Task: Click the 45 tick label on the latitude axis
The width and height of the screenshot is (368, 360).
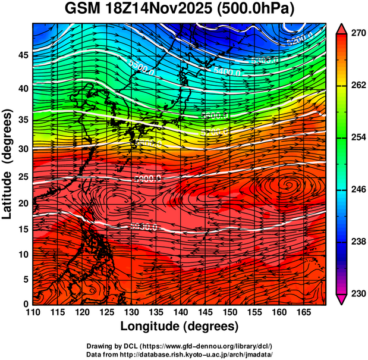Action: click(x=24, y=55)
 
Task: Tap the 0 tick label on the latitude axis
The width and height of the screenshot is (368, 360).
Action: click(x=27, y=304)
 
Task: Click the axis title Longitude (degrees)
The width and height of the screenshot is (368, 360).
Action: click(x=180, y=326)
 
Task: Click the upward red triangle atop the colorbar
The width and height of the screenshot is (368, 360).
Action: click(x=342, y=29)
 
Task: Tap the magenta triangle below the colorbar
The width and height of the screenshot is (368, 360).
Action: click(x=342, y=299)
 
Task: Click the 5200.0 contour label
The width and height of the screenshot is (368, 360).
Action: click(x=299, y=42)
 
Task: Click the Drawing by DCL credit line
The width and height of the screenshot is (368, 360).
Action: click(x=180, y=346)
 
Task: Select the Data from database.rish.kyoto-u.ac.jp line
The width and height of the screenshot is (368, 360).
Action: click(x=180, y=353)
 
